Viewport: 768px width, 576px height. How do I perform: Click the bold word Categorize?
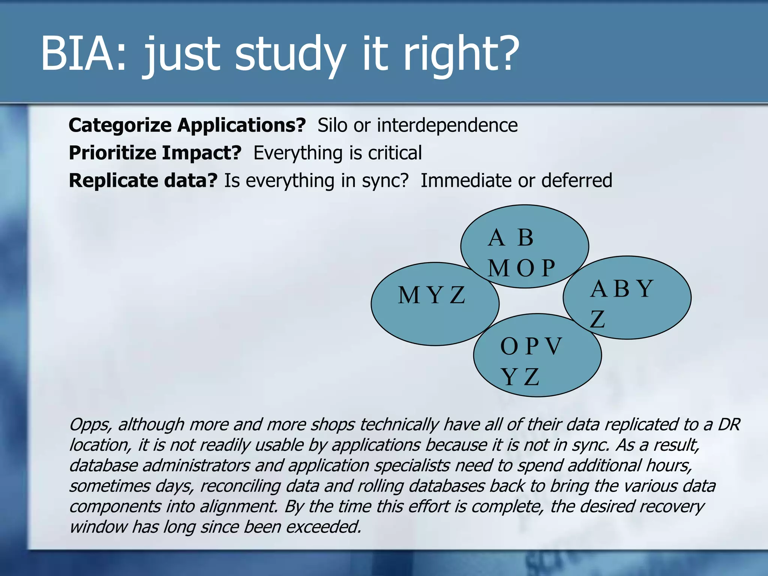pyautogui.click(x=120, y=126)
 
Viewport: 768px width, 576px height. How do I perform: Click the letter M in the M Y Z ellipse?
pyautogui.click(x=408, y=295)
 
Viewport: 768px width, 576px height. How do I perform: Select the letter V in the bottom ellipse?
pyautogui.click(x=553, y=346)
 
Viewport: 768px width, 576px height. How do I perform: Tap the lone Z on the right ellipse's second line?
pyautogui.click(x=597, y=319)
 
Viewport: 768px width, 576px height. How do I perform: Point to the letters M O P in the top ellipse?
pyautogui.click(x=521, y=268)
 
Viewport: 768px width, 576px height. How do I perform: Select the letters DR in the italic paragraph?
pyautogui.click(x=729, y=425)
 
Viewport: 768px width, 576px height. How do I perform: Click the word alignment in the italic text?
pyautogui.click(x=238, y=507)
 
